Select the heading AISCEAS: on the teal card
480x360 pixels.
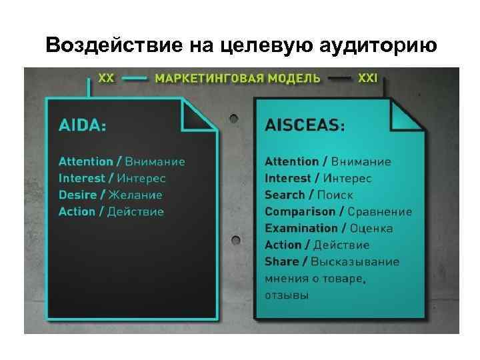[305, 125]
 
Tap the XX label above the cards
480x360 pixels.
[106, 77]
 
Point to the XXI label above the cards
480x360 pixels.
[367, 77]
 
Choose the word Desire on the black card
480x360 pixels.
[77, 195]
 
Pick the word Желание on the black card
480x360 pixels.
[135, 195]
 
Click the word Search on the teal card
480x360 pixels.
[285, 195]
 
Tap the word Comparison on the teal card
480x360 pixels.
[300, 211]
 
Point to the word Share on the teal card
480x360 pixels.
[281, 261]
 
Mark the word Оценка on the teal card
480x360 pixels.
[369, 228]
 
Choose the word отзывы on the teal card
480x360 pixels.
[287, 295]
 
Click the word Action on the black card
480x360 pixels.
[77, 211]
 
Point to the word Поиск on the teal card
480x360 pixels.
[335, 195]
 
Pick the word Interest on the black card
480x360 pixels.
[82, 178]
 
